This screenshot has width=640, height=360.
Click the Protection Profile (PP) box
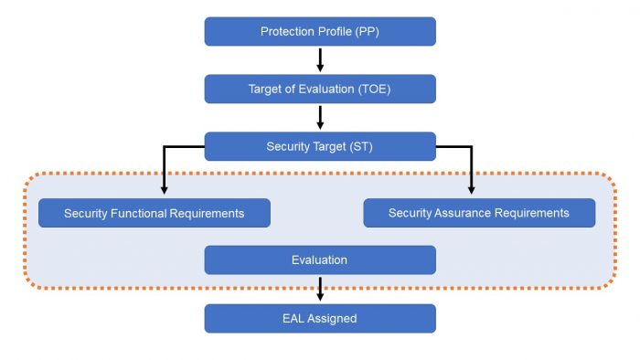[320, 31]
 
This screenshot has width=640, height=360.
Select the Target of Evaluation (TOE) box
[320, 89]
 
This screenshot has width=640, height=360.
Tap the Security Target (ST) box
[320, 146]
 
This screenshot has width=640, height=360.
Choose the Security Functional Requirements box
[155, 213]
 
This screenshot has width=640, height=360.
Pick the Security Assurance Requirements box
[479, 213]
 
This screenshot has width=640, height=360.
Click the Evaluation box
[320, 260]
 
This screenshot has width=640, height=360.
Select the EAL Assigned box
[320, 318]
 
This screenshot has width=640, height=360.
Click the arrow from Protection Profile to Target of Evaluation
[320, 60]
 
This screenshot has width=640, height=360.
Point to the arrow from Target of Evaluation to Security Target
[320, 118]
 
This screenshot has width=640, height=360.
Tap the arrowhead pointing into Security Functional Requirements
[165, 189]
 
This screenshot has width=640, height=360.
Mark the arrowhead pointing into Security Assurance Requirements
[472, 189]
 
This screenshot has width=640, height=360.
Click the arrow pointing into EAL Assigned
[320, 291]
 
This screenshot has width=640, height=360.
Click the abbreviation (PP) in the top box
[366, 31]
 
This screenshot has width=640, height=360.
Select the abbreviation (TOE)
[371, 89]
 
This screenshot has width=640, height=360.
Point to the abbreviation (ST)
[361, 146]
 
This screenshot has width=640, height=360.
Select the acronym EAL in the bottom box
[294, 318]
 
